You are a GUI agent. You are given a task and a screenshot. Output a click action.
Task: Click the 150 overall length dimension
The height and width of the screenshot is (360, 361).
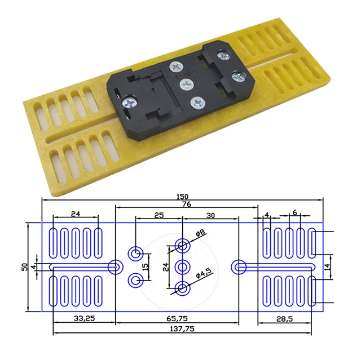[182, 196]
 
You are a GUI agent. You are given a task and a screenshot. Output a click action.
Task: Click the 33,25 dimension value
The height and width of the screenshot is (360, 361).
[83, 318]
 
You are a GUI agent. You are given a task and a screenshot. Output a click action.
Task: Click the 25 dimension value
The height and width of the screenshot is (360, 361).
[159, 215]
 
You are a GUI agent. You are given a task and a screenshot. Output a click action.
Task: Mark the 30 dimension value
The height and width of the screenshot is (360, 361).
[210, 215]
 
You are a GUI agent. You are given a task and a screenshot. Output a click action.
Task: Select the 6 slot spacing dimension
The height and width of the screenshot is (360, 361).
[294, 212]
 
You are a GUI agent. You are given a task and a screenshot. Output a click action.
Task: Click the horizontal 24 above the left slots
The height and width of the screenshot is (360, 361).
[75, 214]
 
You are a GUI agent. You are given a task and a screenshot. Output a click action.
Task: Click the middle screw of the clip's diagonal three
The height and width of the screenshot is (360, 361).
[185, 85]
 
